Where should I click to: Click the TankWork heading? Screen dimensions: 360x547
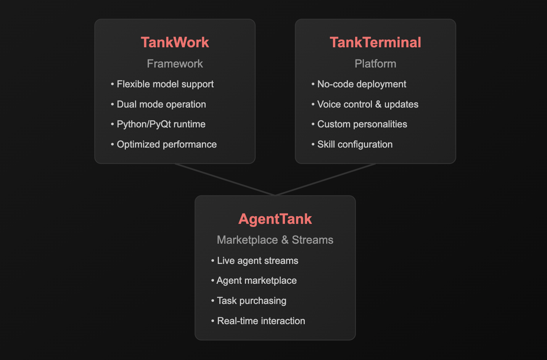(x=175, y=42)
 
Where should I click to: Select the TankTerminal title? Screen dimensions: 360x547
(x=375, y=42)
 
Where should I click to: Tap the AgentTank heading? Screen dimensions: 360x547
(x=275, y=219)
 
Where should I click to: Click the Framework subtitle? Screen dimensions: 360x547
(x=175, y=64)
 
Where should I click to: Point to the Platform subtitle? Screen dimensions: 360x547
(x=375, y=64)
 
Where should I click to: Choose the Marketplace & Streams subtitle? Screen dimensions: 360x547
(x=275, y=240)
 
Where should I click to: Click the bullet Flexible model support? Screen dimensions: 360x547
(x=165, y=84)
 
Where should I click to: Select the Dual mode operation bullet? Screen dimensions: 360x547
(x=161, y=104)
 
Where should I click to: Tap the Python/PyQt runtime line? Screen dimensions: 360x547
(x=161, y=124)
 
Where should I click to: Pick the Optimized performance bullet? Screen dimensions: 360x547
(x=166, y=144)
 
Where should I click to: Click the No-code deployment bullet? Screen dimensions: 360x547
(x=361, y=84)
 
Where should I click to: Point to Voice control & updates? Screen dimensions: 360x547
(x=367, y=104)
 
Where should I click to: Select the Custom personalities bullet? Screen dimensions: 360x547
(x=362, y=124)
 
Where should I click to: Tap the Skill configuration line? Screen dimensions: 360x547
(x=354, y=144)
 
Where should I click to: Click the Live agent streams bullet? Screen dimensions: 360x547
(x=257, y=260)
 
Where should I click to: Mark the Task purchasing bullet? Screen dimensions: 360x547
(x=251, y=301)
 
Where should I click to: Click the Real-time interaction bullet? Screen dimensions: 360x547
(x=261, y=321)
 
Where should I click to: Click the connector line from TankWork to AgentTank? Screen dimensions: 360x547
(x=225, y=180)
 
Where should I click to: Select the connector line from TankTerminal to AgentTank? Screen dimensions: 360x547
(x=325, y=180)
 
